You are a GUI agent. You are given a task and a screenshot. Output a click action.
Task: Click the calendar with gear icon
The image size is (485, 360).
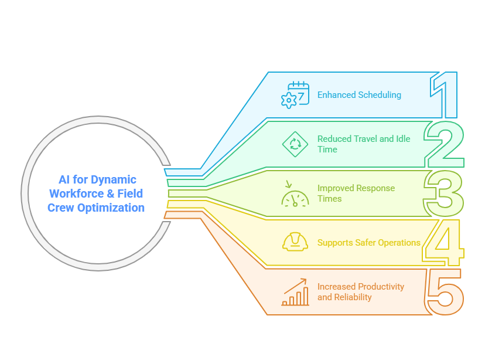(x=295, y=95)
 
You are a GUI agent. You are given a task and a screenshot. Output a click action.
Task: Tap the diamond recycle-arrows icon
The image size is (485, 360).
(x=295, y=144)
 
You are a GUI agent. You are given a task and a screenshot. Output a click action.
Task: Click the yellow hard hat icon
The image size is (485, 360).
(x=295, y=242)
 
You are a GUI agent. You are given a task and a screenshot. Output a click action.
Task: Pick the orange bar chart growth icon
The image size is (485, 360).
(x=295, y=292)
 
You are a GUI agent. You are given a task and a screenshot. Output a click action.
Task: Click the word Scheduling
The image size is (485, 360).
(x=380, y=95)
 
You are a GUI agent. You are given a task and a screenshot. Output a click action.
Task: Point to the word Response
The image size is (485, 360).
(x=375, y=188)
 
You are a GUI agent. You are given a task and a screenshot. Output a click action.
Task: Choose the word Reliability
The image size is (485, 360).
(x=353, y=297)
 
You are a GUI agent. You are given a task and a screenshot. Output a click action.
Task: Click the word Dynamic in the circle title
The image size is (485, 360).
(x=114, y=180)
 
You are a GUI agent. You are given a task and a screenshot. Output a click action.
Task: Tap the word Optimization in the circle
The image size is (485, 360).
(x=111, y=208)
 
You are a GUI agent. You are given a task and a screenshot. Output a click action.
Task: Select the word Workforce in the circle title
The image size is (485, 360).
(x=77, y=193)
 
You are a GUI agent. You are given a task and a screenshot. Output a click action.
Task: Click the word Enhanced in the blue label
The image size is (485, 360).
(x=337, y=95)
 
